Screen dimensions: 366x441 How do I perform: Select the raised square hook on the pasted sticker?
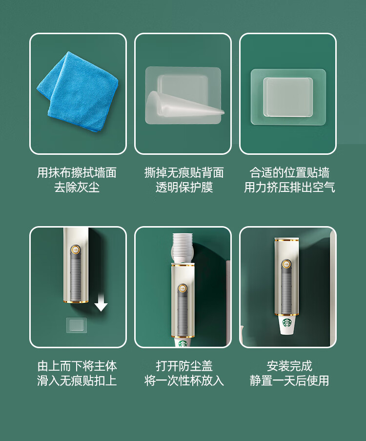(288, 97)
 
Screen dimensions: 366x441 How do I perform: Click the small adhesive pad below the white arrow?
(77, 325)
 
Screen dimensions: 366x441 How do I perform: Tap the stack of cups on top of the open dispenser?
(183, 248)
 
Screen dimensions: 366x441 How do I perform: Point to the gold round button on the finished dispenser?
(286, 264)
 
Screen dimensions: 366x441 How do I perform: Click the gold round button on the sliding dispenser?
(75, 250)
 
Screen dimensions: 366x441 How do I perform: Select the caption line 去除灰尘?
(77, 187)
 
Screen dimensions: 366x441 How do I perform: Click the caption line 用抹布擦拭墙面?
(77, 172)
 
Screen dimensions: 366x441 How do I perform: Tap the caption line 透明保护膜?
(184, 187)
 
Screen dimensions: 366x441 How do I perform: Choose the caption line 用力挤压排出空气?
(289, 187)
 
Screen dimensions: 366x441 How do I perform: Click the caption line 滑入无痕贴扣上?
(77, 380)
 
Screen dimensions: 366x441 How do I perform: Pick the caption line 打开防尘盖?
(184, 366)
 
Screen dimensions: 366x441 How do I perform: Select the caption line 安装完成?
(289, 366)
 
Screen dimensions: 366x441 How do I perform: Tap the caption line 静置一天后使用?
(289, 380)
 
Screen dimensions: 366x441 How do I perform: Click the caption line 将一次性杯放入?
(184, 380)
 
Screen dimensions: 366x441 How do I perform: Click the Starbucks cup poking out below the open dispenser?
(183, 342)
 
